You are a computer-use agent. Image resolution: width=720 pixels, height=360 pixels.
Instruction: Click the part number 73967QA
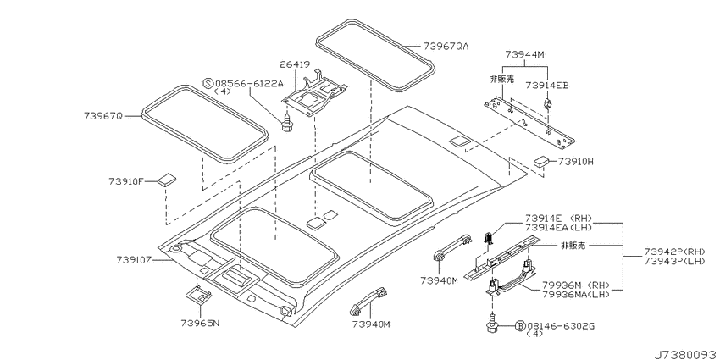coord(446,47)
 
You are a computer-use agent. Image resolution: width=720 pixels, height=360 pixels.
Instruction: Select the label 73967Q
coord(103,116)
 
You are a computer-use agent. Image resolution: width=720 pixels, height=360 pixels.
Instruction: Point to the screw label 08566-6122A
coord(249,83)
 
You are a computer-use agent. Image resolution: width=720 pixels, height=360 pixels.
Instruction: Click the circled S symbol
coord(208,83)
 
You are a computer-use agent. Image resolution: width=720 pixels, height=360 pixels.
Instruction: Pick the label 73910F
coord(126,181)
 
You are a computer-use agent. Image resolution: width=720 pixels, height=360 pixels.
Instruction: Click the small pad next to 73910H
coord(541,162)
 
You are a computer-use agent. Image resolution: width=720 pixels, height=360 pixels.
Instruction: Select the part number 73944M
coord(525,55)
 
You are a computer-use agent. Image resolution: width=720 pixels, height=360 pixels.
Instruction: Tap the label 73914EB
coord(547,85)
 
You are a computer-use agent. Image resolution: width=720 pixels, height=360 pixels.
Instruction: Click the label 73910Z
coord(134,260)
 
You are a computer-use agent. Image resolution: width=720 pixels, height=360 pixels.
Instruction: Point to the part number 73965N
coord(200,323)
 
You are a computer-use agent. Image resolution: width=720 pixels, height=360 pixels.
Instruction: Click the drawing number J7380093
coord(686,354)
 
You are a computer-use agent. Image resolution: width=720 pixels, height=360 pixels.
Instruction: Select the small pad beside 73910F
coord(166,179)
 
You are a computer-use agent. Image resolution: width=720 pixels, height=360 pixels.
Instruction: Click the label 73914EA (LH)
coord(558,227)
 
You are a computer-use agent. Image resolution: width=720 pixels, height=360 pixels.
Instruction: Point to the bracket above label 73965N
coord(199,294)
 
